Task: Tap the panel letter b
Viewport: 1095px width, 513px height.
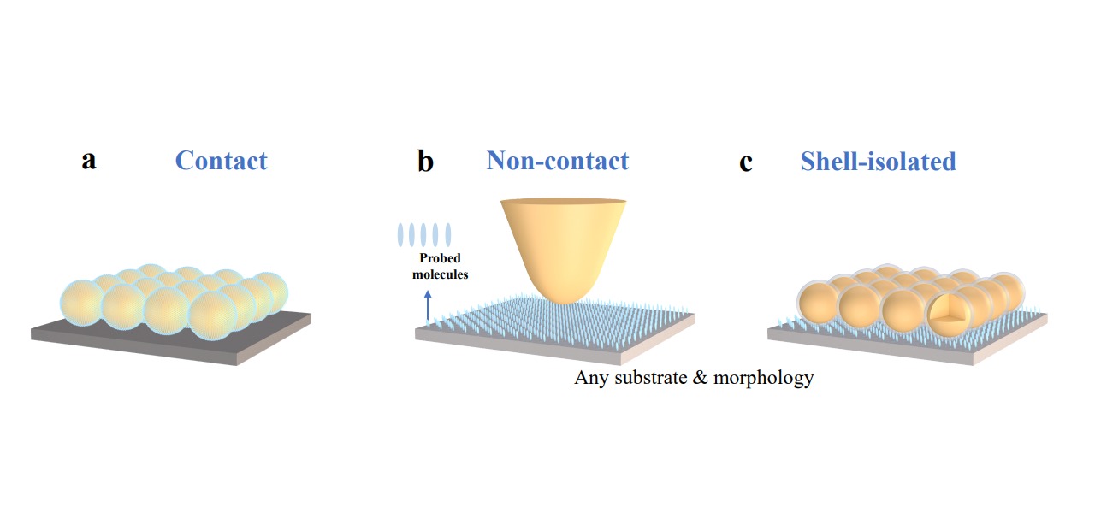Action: coord(425,161)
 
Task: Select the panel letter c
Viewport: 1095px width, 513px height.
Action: coord(746,162)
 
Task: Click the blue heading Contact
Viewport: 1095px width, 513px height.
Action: coord(221,161)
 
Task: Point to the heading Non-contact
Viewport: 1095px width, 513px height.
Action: coord(557,161)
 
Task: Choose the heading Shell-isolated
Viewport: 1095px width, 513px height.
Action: coord(878,161)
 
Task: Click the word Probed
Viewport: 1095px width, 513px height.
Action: coord(440,258)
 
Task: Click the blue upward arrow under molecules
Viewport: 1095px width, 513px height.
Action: coord(428,304)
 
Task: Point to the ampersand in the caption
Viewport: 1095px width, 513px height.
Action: coord(704,377)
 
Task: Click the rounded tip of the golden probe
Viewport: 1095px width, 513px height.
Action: coord(560,295)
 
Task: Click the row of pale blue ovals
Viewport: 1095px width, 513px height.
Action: coord(424,234)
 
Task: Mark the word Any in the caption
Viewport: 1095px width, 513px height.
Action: coord(592,377)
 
